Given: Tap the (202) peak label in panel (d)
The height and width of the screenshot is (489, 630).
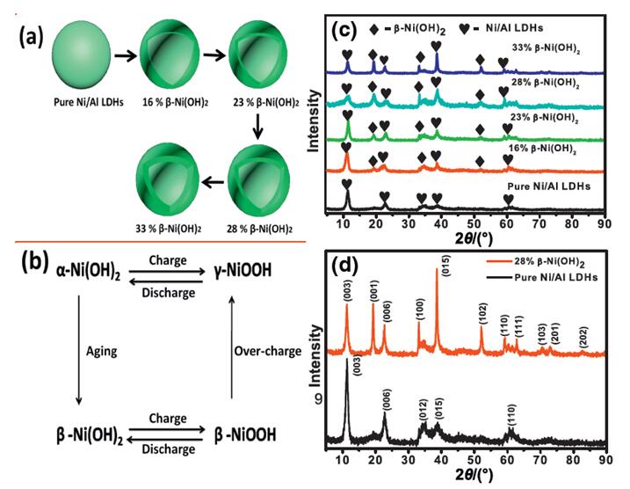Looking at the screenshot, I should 584,338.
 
